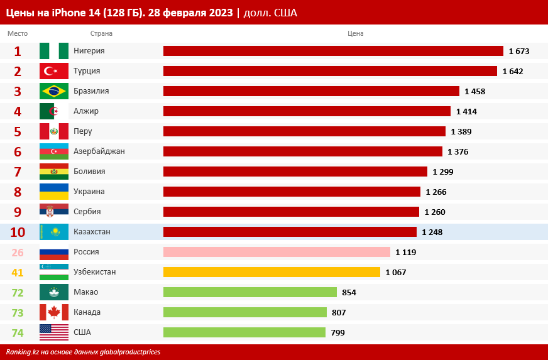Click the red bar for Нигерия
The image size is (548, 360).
click(x=333, y=51)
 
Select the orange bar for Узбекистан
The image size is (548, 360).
click(x=271, y=272)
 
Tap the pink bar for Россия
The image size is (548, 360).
click(x=277, y=252)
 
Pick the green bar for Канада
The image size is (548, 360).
click(x=245, y=312)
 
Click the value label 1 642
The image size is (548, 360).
click(x=513, y=71)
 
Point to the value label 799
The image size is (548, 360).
click(x=337, y=332)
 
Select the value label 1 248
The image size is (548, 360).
click(x=432, y=232)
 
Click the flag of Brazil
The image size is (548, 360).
click(x=54, y=91)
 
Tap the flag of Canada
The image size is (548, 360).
click(x=54, y=312)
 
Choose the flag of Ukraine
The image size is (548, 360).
click(x=54, y=192)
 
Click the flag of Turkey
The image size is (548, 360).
click(x=54, y=71)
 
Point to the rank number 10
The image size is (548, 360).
click(x=18, y=232)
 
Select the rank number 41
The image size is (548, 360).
click(x=18, y=272)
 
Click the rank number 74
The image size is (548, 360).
click(x=18, y=332)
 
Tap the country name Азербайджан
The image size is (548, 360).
click(x=99, y=151)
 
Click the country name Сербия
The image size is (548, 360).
click(x=87, y=212)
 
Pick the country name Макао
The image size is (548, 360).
click(x=85, y=292)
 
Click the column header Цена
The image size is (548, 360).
click(x=355, y=33)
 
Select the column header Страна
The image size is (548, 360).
click(x=101, y=33)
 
